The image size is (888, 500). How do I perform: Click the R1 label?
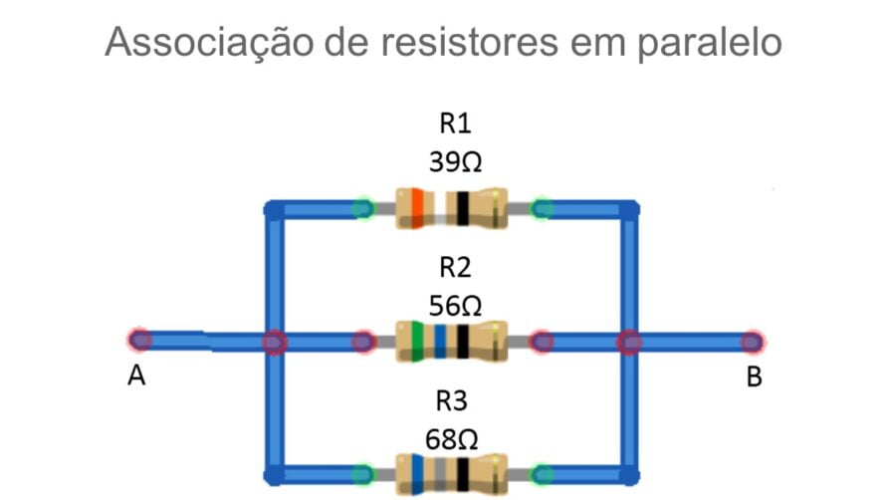(x=455, y=125)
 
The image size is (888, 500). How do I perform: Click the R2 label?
(x=455, y=267)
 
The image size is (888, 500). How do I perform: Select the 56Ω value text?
(x=455, y=304)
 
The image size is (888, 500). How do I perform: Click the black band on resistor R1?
(x=463, y=208)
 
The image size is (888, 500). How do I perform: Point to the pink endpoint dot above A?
(x=140, y=341)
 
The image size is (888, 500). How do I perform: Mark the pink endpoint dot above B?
(x=754, y=342)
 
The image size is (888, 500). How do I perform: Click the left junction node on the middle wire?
(x=274, y=342)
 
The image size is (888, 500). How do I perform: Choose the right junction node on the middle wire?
(x=629, y=342)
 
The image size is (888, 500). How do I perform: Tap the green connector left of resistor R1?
(x=363, y=208)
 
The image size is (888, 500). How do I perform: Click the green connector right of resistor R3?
(x=543, y=474)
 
